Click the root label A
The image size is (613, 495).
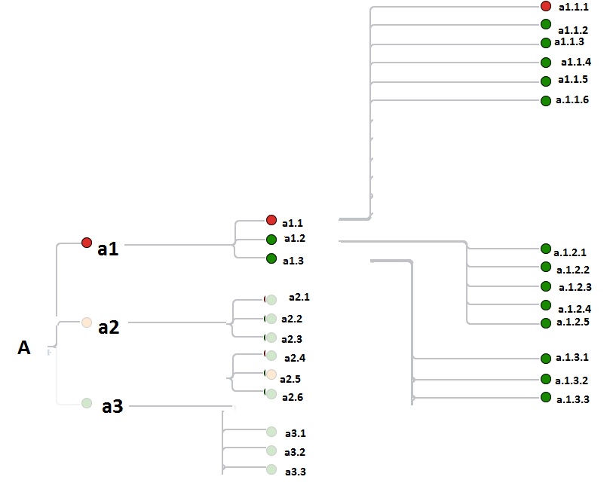24,347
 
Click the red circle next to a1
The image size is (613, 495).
87,243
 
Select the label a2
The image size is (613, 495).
109,327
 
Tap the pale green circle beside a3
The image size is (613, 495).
87,403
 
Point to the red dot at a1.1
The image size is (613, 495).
271,220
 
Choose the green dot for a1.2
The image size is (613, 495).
271,240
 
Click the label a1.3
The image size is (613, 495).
293,261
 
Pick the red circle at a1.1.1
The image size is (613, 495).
546,6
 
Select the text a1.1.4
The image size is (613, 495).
575,62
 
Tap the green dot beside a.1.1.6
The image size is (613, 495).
546,101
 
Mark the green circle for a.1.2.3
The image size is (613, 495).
546,286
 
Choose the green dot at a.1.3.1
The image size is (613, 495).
546,358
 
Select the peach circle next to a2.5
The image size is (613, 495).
271,375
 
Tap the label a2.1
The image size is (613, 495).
299,297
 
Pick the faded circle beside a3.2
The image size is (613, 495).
271,451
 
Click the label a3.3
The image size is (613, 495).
295,472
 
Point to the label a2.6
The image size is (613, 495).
292,397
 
